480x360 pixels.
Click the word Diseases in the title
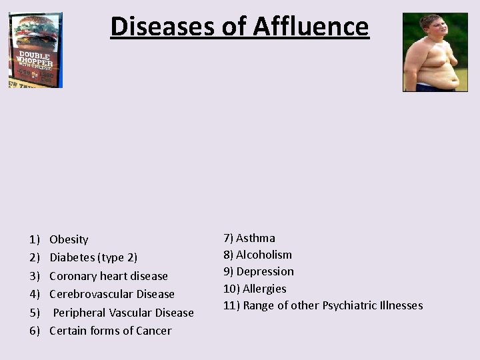pos(159,27)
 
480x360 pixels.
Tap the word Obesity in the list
pos(69,239)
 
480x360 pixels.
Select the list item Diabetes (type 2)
pos(93,257)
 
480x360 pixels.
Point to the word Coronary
pos(73,276)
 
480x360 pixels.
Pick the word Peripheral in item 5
pos(79,313)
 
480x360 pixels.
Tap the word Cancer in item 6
pos(154,331)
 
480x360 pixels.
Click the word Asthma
pos(255,238)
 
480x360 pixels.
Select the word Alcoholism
pos(264,255)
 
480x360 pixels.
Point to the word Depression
pos(265,271)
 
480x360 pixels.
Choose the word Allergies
pos(265,289)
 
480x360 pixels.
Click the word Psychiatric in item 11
pos(347,305)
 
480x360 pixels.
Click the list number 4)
pos(35,294)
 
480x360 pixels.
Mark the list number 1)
pos(35,239)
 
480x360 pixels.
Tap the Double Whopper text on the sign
pos(35,60)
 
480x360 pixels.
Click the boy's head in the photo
pos(429,27)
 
